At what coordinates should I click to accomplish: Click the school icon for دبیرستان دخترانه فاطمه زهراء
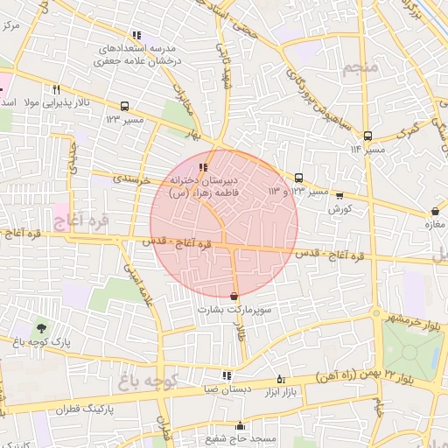point(203,166)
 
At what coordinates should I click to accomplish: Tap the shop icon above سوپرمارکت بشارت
point(233,296)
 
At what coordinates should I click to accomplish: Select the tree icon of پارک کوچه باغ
point(41,327)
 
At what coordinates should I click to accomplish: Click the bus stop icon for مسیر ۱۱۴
point(367,136)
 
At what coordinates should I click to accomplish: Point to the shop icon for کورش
point(339,196)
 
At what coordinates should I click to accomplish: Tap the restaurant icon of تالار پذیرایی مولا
point(57,89)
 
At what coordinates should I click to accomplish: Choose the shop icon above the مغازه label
point(435,211)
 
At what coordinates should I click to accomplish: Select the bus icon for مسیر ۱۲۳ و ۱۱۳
point(299,177)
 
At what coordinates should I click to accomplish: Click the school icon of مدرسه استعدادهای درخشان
point(136,35)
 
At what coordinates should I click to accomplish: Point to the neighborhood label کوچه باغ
point(144,381)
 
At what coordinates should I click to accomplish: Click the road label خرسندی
point(132,178)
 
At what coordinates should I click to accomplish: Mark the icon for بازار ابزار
point(280,379)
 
